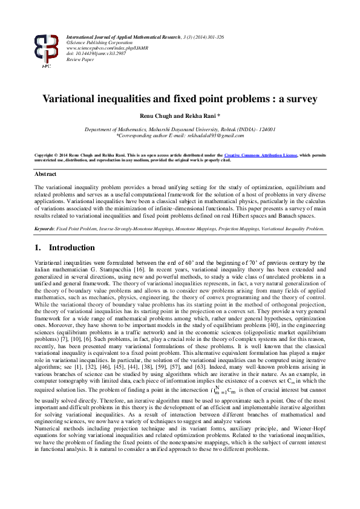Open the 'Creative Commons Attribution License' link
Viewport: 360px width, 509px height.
pos(246,155)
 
